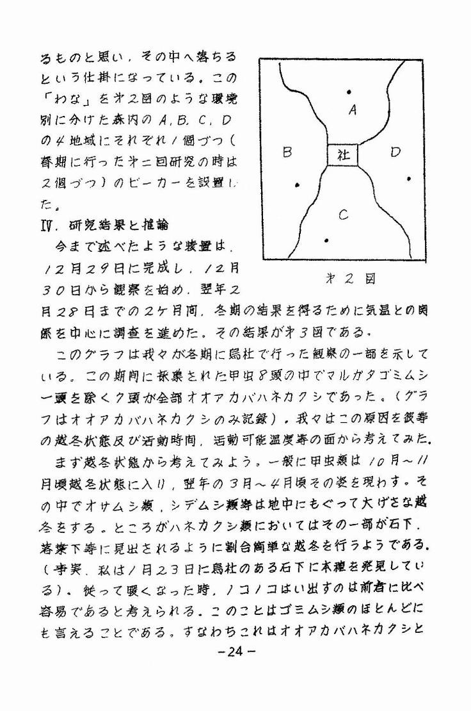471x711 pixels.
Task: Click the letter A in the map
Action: point(352,110)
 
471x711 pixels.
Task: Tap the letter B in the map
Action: point(287,153)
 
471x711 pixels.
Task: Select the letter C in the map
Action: point(344,216)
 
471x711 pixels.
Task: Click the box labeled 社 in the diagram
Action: point(342,155)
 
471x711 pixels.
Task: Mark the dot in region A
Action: point(348,92)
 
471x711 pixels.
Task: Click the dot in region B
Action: point(297,186)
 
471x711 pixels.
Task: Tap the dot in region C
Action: point(326,241)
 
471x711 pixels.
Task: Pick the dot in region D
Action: point(409,179)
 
